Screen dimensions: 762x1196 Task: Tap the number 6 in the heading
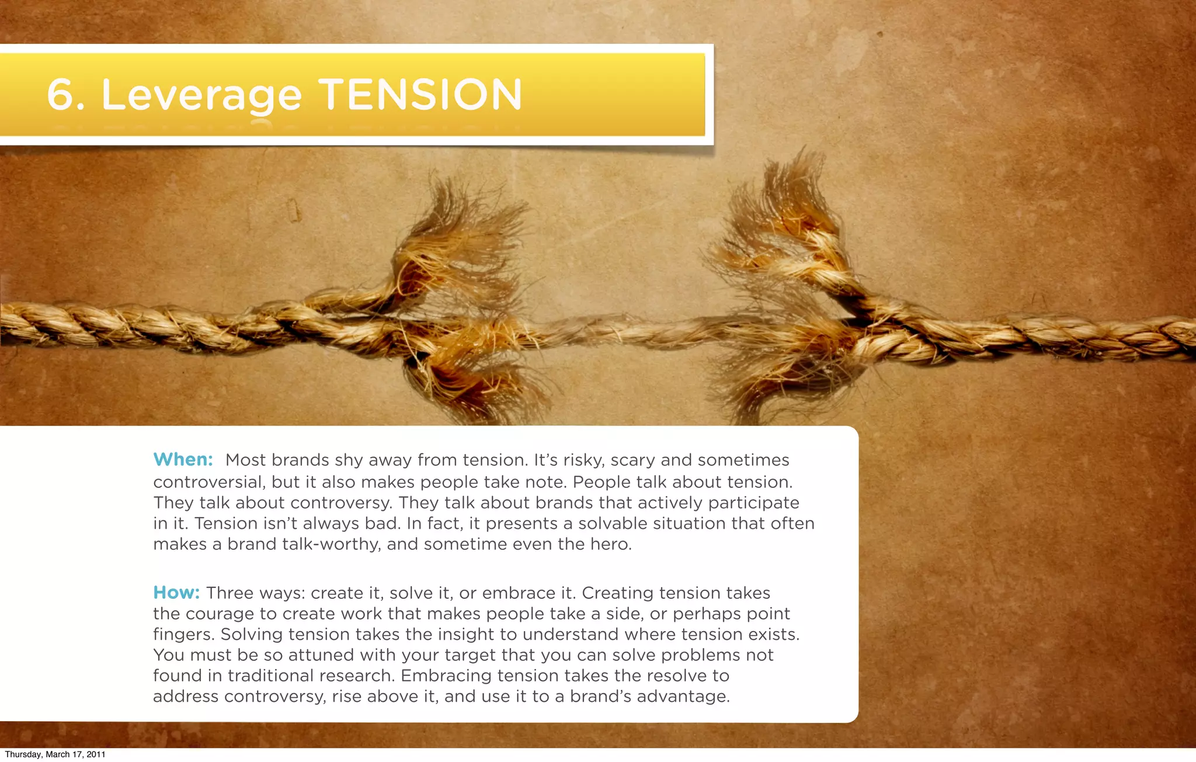click(x=61, y=95)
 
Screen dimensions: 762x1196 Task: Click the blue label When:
click(x=183, y=459)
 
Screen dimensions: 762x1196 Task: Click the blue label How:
click(x=176, y=593)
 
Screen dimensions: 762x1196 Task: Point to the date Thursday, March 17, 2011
click(x=55, y=754)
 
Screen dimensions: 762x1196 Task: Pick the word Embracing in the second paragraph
click(x=446, y=676)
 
